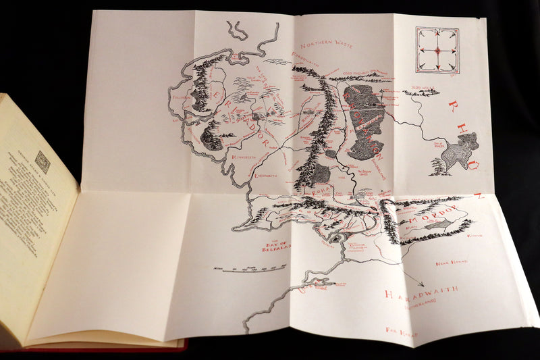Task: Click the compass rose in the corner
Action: click(437, 50)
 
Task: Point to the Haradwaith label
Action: click(421, 293)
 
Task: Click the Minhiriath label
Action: click(244, 157)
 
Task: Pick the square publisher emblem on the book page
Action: click(43, 162)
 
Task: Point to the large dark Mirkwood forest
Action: click(364, 122)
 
